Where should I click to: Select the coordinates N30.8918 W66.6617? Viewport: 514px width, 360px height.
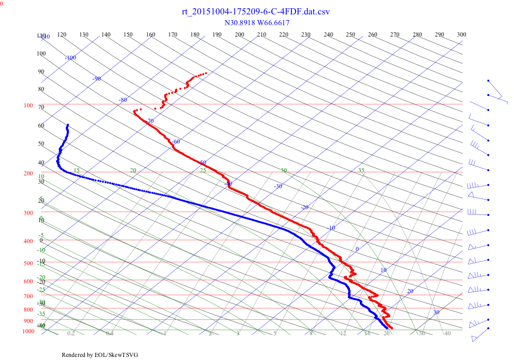click(257, 23)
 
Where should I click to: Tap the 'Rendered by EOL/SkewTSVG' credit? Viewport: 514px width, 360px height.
click(100, 355)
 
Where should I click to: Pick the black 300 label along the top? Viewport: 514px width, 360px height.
click(461, 34)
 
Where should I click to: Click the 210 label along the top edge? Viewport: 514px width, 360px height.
click(262, 34)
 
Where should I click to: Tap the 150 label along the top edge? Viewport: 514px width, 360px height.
click(128, 34)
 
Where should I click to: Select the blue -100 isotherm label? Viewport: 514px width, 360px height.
click(70, 58)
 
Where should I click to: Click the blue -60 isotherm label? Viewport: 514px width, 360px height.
click(176, 141)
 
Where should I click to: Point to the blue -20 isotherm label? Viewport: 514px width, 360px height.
click(304, 207)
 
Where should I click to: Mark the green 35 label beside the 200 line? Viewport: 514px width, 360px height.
click(361, 170)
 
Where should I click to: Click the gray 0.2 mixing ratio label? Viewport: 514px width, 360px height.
click(71, 334)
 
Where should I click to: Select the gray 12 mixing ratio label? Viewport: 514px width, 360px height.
click(343, 334)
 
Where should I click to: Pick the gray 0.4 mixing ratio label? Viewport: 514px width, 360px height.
click(109, 334)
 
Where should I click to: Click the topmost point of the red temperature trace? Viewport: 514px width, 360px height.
click(206, 73)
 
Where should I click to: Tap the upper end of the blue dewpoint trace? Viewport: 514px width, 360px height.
click(67, 125)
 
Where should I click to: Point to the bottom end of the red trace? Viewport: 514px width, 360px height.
click(392, 328)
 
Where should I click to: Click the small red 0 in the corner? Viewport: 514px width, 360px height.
click(2, 3)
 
